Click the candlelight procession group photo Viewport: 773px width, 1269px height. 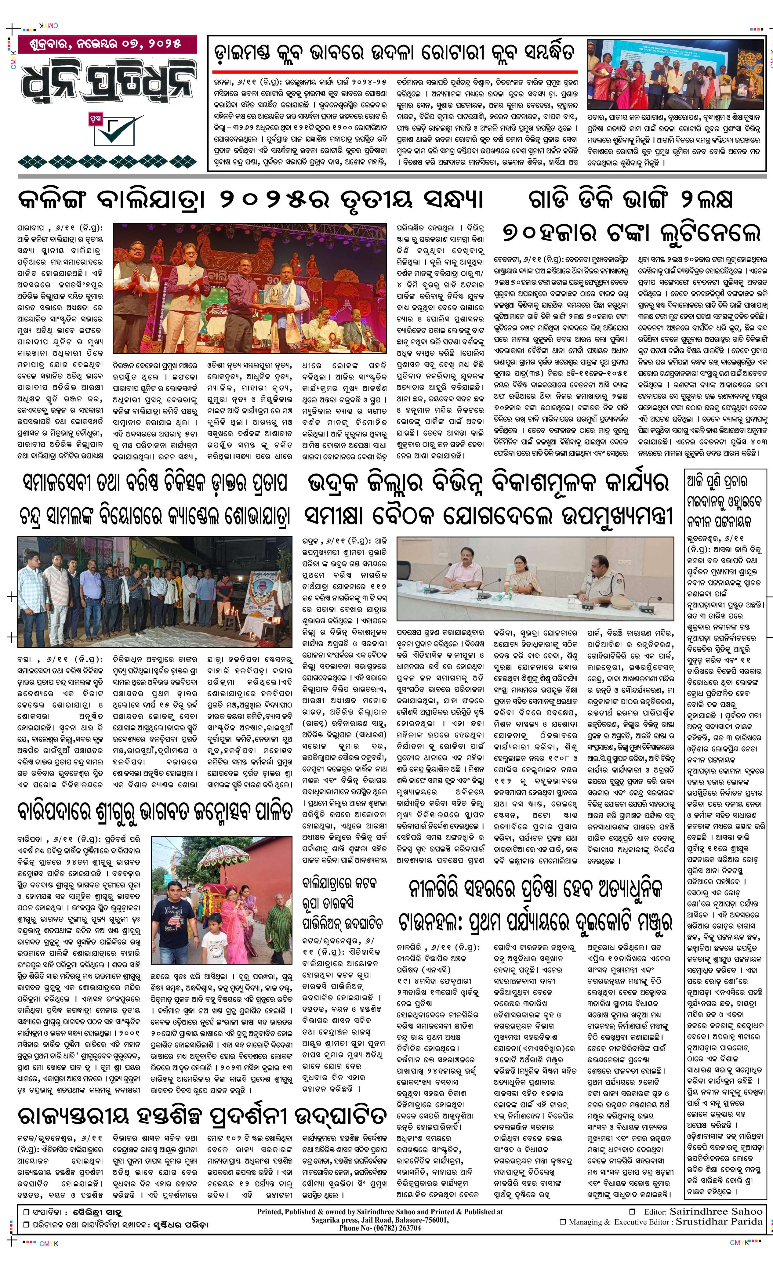(154, 590)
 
